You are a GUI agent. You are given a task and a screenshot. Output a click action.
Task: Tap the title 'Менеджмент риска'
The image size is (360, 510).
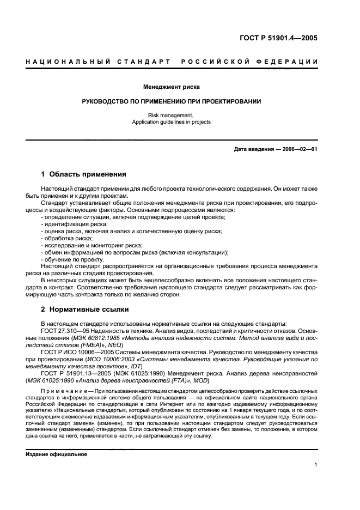coord(171,87)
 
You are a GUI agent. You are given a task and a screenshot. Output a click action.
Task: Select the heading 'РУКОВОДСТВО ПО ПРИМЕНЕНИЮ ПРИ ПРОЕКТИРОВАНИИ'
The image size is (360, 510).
coord(171,101)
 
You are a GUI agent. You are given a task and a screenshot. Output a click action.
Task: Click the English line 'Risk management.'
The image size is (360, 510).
coord(171,115)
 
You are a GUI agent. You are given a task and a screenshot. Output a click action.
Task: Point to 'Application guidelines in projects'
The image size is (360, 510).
coord(171,122)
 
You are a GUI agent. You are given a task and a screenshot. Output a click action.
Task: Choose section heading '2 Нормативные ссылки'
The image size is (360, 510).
coord(85,309)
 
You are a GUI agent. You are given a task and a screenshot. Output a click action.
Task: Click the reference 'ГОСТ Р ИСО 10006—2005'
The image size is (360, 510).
coord(78,351)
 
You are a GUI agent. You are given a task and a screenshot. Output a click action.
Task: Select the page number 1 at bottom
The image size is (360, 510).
coord(315,465)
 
